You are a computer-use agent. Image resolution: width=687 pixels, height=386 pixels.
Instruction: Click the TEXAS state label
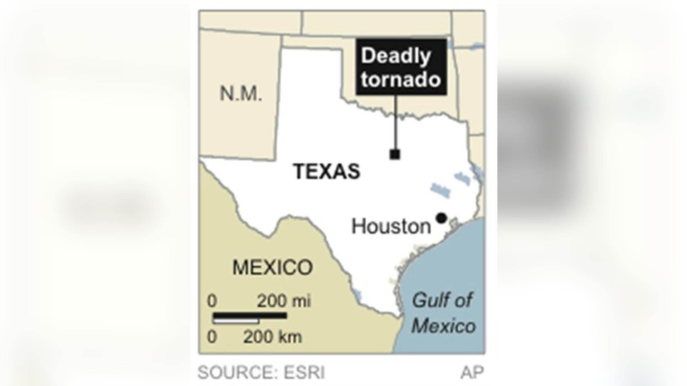(x=327, y=171)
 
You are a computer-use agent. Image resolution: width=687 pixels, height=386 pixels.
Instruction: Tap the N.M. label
(x=241, y=94)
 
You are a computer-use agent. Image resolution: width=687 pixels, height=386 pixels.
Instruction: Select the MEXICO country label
(x=273, y=267)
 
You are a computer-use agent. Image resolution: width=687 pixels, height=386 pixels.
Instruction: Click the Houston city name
(x=391, y=227)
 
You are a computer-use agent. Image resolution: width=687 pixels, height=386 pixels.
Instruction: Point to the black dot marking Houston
(x=441, y=218)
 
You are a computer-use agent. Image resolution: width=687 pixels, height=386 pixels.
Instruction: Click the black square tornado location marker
(x=395, y=154)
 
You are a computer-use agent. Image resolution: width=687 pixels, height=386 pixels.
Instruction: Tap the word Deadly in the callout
(x=396, y=56)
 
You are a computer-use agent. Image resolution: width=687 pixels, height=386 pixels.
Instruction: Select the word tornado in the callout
(x=401, y=79)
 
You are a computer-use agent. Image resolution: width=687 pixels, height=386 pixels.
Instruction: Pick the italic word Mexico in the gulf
(x=444, y=326)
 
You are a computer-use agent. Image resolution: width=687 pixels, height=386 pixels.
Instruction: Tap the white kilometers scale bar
(x=236, y=321)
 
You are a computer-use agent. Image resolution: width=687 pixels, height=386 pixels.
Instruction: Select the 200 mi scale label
(x=284, y=301)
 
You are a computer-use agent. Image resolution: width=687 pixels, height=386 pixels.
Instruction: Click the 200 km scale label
(x=273, y=337)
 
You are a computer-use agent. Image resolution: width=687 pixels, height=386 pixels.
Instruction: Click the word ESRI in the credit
(x=304, y=373)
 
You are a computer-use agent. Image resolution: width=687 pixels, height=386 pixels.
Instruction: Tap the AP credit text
(x=472, y=373)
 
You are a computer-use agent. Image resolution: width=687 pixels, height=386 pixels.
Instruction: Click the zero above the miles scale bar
(x=212, y=301)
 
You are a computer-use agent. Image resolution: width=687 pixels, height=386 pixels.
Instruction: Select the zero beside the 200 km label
(x=212, y=337)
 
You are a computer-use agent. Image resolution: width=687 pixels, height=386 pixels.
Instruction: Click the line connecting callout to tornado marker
(x=396, y=122)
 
